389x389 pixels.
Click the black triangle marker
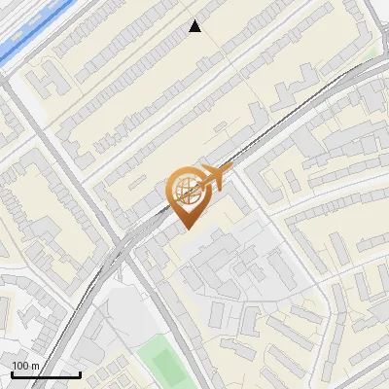click(x=195, y=27)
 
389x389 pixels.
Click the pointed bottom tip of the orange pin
click(x=187, y=229)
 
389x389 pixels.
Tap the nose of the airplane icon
click(x=230, y=171)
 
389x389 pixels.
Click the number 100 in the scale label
click(x=20, y=366)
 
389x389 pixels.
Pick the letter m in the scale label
click(x=34, y=366)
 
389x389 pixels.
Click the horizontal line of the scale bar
click(x=46, y=373)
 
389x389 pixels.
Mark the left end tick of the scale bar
click(x=12, y=372)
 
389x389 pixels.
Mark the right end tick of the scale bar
click(x=80, y=372)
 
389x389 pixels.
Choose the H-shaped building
click(x=47, y=81)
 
